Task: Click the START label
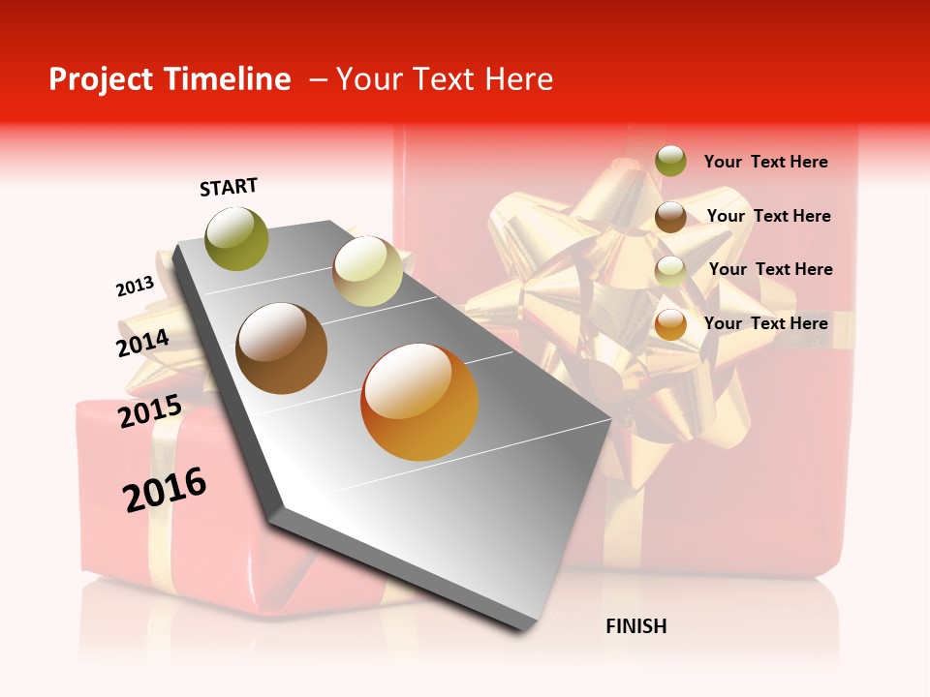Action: pos(229,187)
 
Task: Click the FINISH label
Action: pos(635,626)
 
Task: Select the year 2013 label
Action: pos(135,287)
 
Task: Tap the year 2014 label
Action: pos(142,343)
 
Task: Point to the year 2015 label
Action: pos(149,410)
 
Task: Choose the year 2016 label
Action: pos(165,489)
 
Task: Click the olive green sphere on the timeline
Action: pos(237,239)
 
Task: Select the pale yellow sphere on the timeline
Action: pos(367,271)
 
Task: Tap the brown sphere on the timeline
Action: pos(282,348)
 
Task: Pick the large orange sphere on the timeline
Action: pos(419,402)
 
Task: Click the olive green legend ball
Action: pos(670,162)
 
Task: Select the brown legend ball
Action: pos(670,217)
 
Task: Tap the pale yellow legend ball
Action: pos(670,271)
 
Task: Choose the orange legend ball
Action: pos(670,324)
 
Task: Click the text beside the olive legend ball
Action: pos(765,163)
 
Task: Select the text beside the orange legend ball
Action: pos(765,323)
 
